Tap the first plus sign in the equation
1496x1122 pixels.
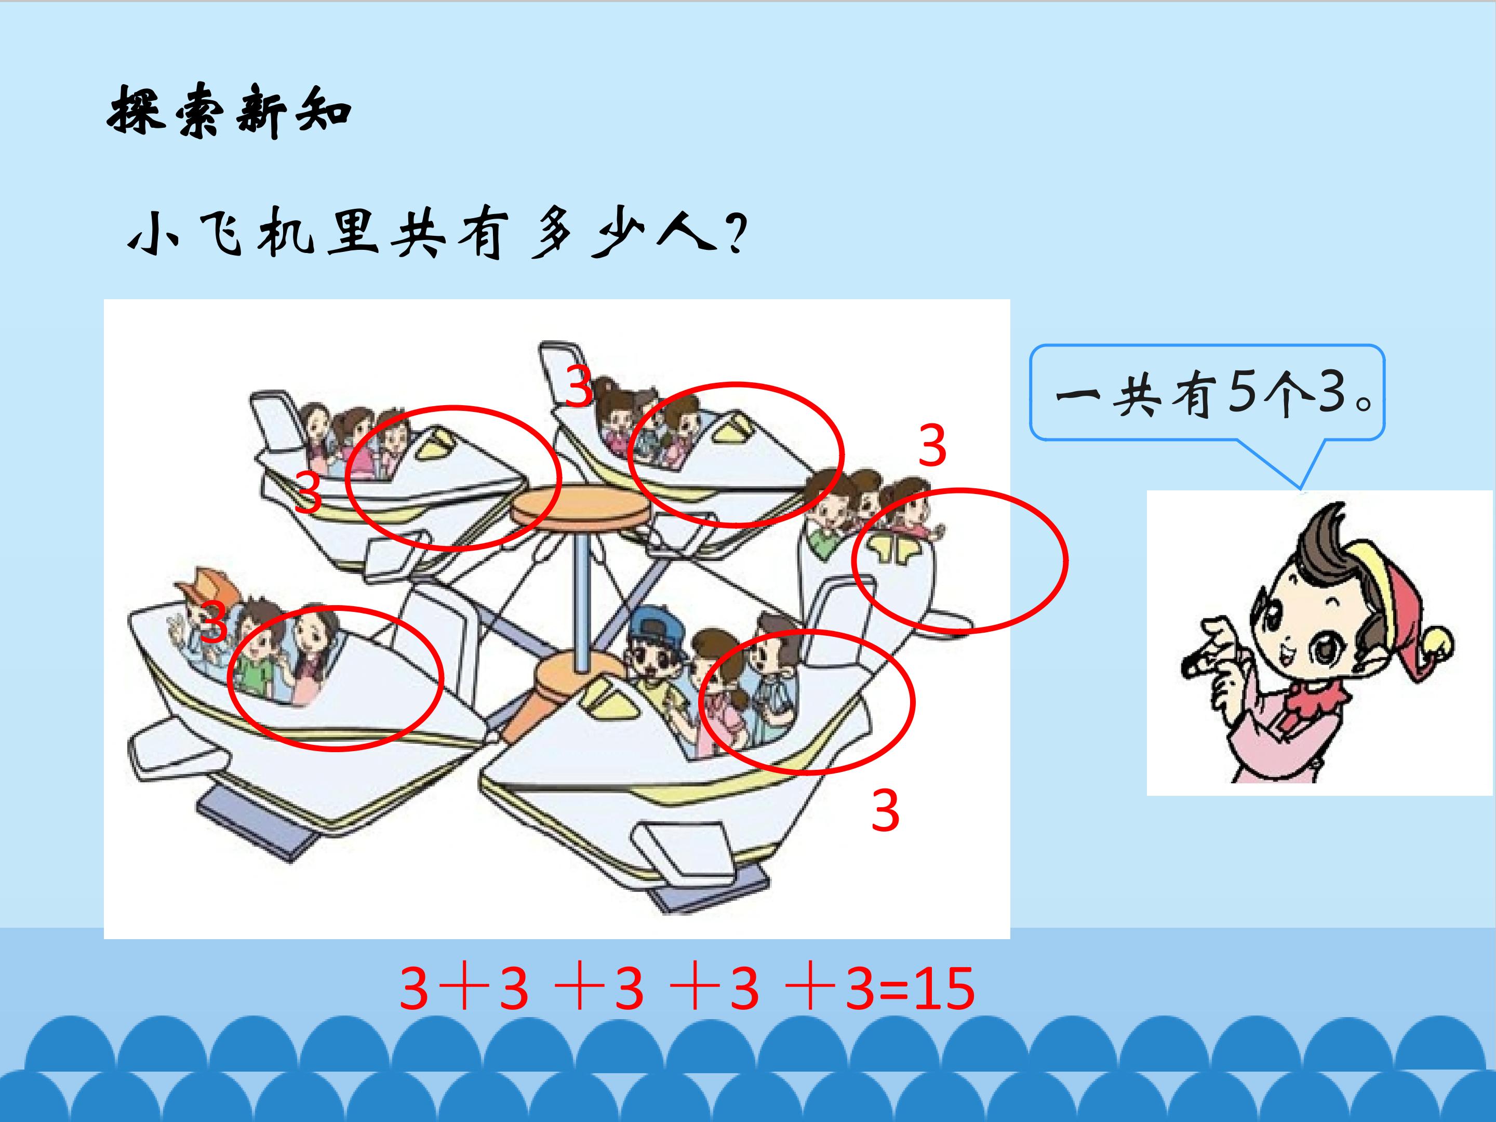click(464, 989)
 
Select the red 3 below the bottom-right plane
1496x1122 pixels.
click(885, 811)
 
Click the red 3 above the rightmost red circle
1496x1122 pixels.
click(932, 446)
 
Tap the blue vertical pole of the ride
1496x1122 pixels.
click(580, 595)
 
